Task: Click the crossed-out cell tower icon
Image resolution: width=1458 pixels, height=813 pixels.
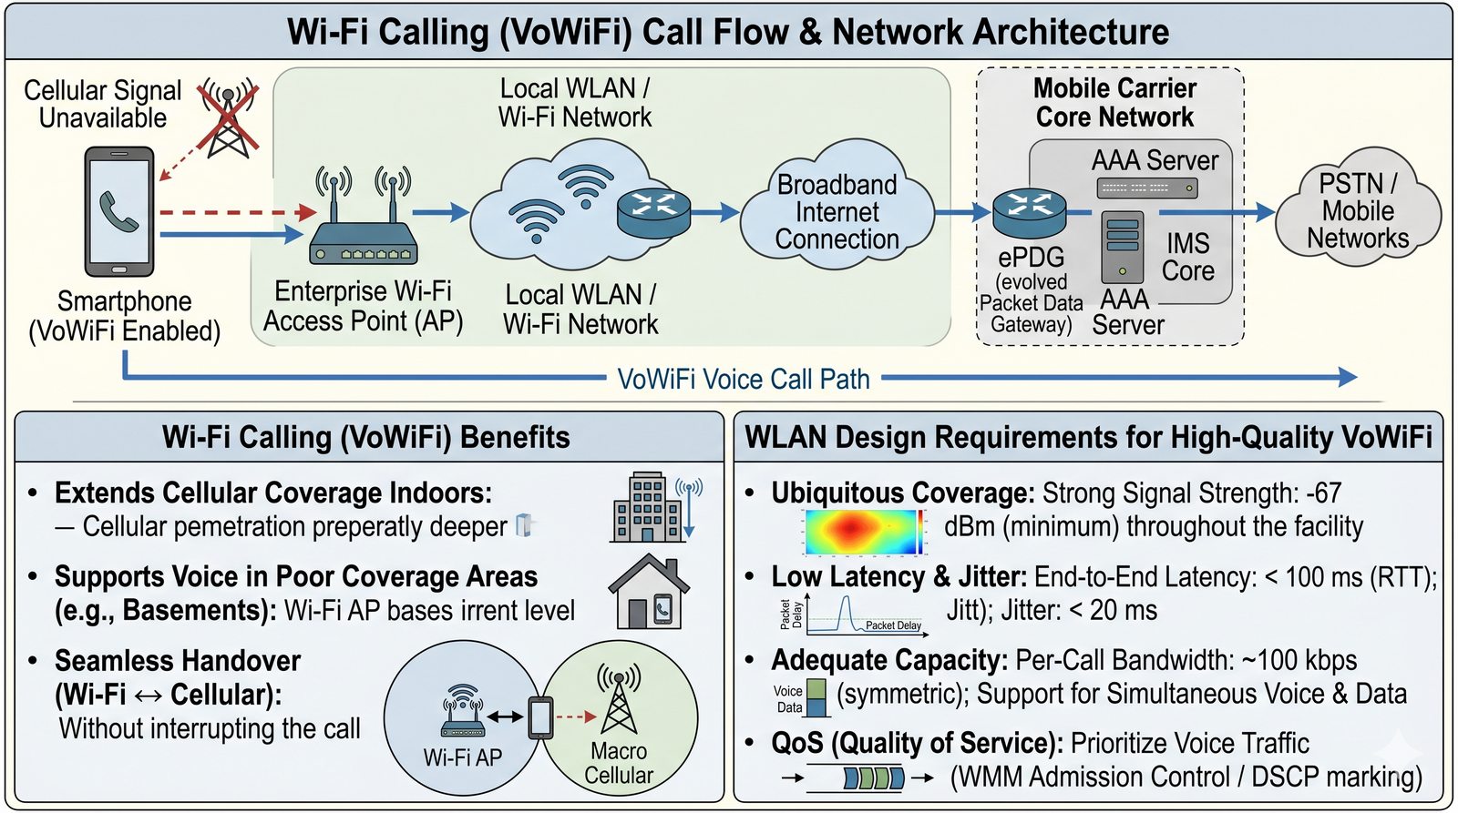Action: point(229,117)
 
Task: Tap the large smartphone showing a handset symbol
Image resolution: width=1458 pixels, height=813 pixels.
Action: point(119,212)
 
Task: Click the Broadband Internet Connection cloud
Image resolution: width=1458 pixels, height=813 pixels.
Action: point(837,208)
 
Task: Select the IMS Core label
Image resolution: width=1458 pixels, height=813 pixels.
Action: point(1188,257)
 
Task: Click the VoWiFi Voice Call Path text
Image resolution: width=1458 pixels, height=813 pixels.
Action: point(744,379)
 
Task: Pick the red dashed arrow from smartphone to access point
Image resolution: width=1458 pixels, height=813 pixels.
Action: point(238,212)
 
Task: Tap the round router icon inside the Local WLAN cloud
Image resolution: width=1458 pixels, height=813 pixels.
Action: point(652,213)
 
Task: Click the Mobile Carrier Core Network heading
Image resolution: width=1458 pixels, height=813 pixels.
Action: point(1115,103)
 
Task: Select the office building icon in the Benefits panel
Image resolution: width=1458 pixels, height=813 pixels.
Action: point(648,507)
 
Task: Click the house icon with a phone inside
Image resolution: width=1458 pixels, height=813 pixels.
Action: point(648,592)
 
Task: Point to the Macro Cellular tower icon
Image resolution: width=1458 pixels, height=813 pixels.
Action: point(619,698)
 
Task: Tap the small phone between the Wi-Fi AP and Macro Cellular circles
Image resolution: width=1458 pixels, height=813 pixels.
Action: point(540,717)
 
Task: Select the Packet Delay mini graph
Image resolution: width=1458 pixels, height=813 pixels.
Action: point(854,614)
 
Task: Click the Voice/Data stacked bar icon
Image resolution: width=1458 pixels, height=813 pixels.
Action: point(816,698)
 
